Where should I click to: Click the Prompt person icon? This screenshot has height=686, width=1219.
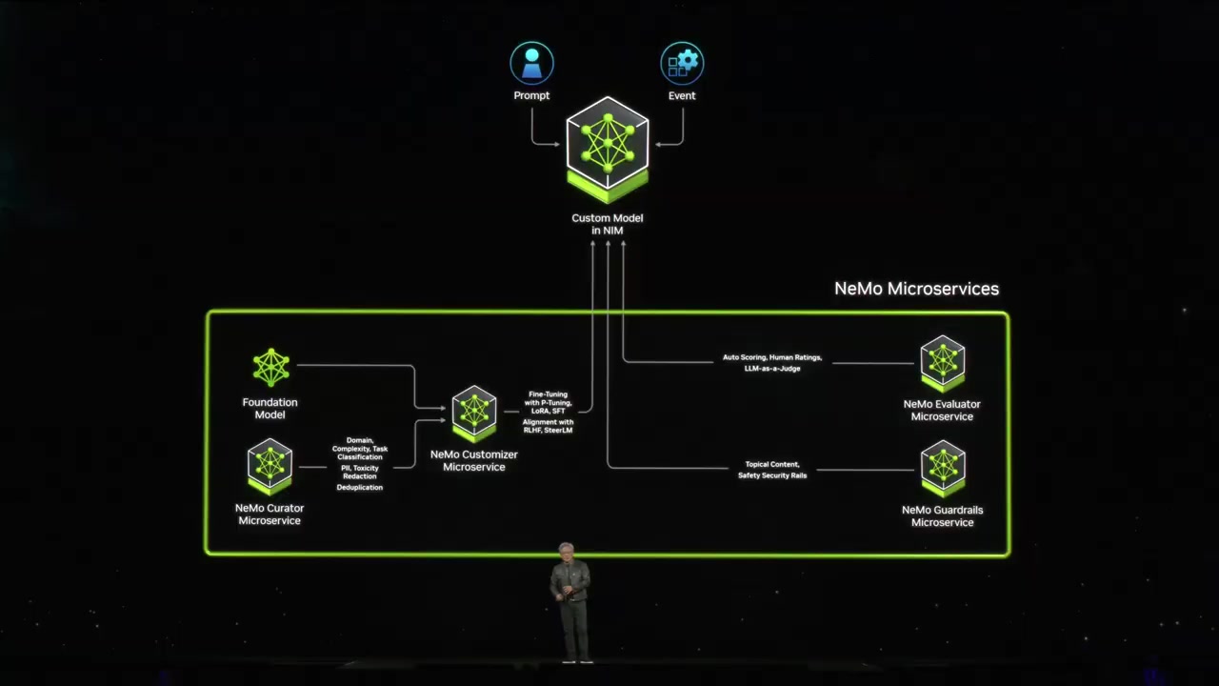531,64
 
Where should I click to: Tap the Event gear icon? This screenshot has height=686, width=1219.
682,64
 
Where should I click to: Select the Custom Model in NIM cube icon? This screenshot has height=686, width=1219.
608,148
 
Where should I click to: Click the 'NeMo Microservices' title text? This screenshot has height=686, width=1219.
916,289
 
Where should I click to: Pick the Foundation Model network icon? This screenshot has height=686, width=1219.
270,368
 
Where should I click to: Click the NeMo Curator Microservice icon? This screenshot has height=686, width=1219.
270,465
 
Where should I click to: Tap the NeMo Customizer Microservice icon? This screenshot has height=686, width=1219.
474,413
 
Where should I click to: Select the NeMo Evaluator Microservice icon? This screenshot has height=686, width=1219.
943,362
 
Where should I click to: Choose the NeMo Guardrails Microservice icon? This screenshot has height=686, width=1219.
943,468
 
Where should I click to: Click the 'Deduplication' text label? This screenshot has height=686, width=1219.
360,488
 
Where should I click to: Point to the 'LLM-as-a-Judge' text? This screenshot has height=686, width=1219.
772,369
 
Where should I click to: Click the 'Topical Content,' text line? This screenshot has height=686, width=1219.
772,465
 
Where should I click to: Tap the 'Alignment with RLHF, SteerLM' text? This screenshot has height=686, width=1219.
549,426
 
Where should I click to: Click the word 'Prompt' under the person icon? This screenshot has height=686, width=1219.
531,96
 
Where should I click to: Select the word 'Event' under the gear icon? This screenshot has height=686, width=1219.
682,96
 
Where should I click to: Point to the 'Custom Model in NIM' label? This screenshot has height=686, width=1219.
608,224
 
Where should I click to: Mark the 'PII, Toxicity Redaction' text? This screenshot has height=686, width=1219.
360,472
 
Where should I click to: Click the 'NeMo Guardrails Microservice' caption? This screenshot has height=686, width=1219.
943,516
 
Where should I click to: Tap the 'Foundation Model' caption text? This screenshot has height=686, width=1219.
270,409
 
